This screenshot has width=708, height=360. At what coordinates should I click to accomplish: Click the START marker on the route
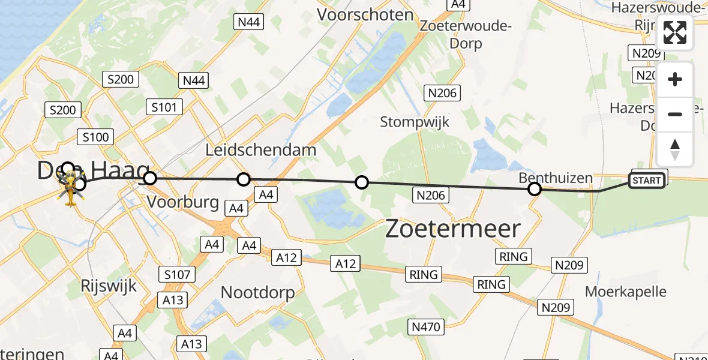point(646,180)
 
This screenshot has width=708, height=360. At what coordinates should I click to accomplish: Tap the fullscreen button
point(675,32)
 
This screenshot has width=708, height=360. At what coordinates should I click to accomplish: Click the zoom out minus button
point(675,114)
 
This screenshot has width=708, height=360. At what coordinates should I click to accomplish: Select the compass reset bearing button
point(675,149)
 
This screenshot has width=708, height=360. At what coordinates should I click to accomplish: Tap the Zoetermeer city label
point(452,229)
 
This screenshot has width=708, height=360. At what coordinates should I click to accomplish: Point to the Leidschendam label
point(260,150)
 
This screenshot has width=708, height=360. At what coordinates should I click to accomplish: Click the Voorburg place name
point(182,202)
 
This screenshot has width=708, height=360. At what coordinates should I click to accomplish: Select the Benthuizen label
point(556,178)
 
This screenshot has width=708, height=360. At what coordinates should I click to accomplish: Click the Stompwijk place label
point(415,122)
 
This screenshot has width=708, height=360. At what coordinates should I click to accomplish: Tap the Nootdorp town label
point(257,293)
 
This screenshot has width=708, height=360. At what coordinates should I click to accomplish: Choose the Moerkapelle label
point(626,292)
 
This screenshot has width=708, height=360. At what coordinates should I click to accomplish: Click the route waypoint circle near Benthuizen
point(534,190)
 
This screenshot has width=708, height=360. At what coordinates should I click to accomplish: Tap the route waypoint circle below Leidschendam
point(243,179)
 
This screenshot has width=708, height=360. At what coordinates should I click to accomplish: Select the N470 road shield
point(426,327)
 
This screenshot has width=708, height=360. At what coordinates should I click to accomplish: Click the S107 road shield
point(178,275)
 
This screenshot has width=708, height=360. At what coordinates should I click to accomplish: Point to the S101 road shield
point(164,107)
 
